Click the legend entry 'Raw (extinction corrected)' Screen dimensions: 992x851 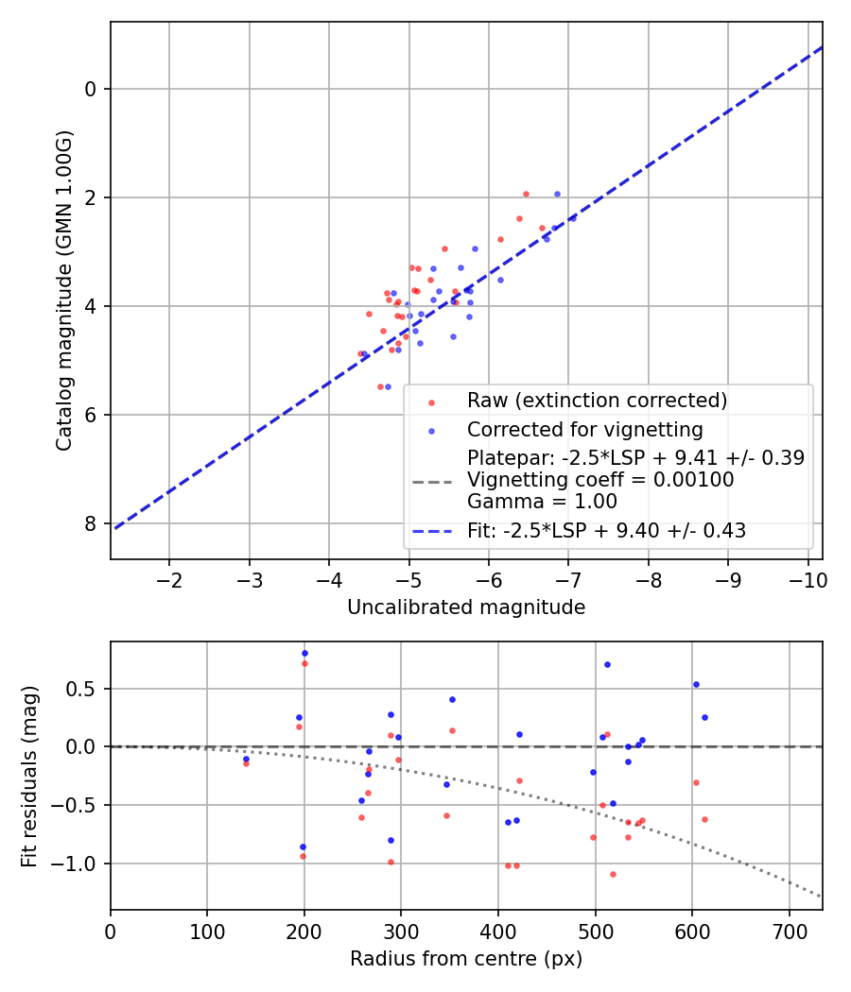click(x=597, y=401)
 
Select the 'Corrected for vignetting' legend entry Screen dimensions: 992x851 click(x=584, y=430)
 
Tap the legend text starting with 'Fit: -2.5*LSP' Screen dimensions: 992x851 click(x=606, y=531)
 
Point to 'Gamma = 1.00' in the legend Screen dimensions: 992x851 click(x=542, y=502)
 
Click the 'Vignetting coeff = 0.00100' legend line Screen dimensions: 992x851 click(x=599, y=480)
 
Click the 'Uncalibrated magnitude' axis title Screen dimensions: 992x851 click(x=466, y=607)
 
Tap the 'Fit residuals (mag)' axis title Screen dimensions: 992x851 click(x=29, y=776)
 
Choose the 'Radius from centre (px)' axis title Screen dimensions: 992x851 click(x=466, y=959)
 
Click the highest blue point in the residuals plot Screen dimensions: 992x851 click(x=304, y=653)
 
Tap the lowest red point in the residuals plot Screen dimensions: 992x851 click(x=613, y=874)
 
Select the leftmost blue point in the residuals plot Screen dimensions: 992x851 click(x=246, y=759)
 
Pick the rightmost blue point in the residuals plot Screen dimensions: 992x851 click(x=704, y=717)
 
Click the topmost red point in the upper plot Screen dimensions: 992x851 click(x=526, y=194)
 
